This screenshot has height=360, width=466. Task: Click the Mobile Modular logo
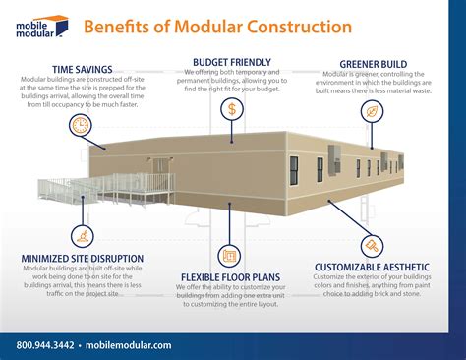coord(38,26)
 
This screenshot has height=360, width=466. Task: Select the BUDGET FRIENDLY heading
coord(231,62)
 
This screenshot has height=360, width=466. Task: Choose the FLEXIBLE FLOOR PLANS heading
coord(232,277)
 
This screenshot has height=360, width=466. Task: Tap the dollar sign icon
coord(231,109)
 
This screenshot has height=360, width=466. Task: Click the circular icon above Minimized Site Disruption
coord(80,234)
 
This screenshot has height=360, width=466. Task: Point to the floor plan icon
coord(231,256)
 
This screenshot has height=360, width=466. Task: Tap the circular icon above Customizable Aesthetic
coord(373,246)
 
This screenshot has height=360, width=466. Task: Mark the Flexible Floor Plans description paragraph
coord(232,299)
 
